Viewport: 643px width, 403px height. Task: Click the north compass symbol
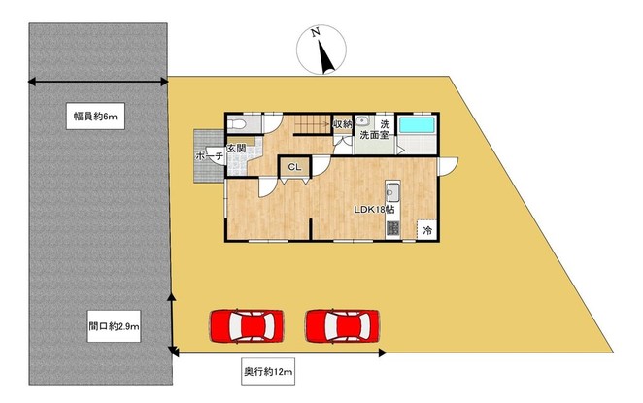pos(321,50)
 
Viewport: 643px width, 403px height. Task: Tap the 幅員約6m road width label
pos(95,117)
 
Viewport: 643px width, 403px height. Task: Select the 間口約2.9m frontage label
pos(114,326)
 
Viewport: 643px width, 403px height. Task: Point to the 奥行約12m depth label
pos(268,371)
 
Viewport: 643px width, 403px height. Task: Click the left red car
pos(247,326)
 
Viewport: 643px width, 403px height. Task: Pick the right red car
pos(343,326)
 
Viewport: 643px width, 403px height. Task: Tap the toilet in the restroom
pos(236,123)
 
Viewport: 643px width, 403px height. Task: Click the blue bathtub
pos(417,125)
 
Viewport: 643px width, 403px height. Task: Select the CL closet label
pos(294,167)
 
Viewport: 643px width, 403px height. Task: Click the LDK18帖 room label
pos(374,210)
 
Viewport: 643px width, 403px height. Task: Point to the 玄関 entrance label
pos(237,149)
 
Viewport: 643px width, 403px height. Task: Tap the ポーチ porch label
pos(209,156)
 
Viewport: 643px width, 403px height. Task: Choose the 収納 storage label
pos(343,123)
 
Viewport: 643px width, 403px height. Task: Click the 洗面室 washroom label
pos(374,135)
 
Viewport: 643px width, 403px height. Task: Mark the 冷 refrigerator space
pos(427,230)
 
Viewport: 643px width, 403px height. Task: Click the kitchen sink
pos(392,191)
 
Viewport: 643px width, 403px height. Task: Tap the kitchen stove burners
pos(392,228)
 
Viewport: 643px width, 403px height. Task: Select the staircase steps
pos(313,124)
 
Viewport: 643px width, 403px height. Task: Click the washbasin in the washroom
pos(362,121)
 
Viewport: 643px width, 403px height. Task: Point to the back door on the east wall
pos(448,166)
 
